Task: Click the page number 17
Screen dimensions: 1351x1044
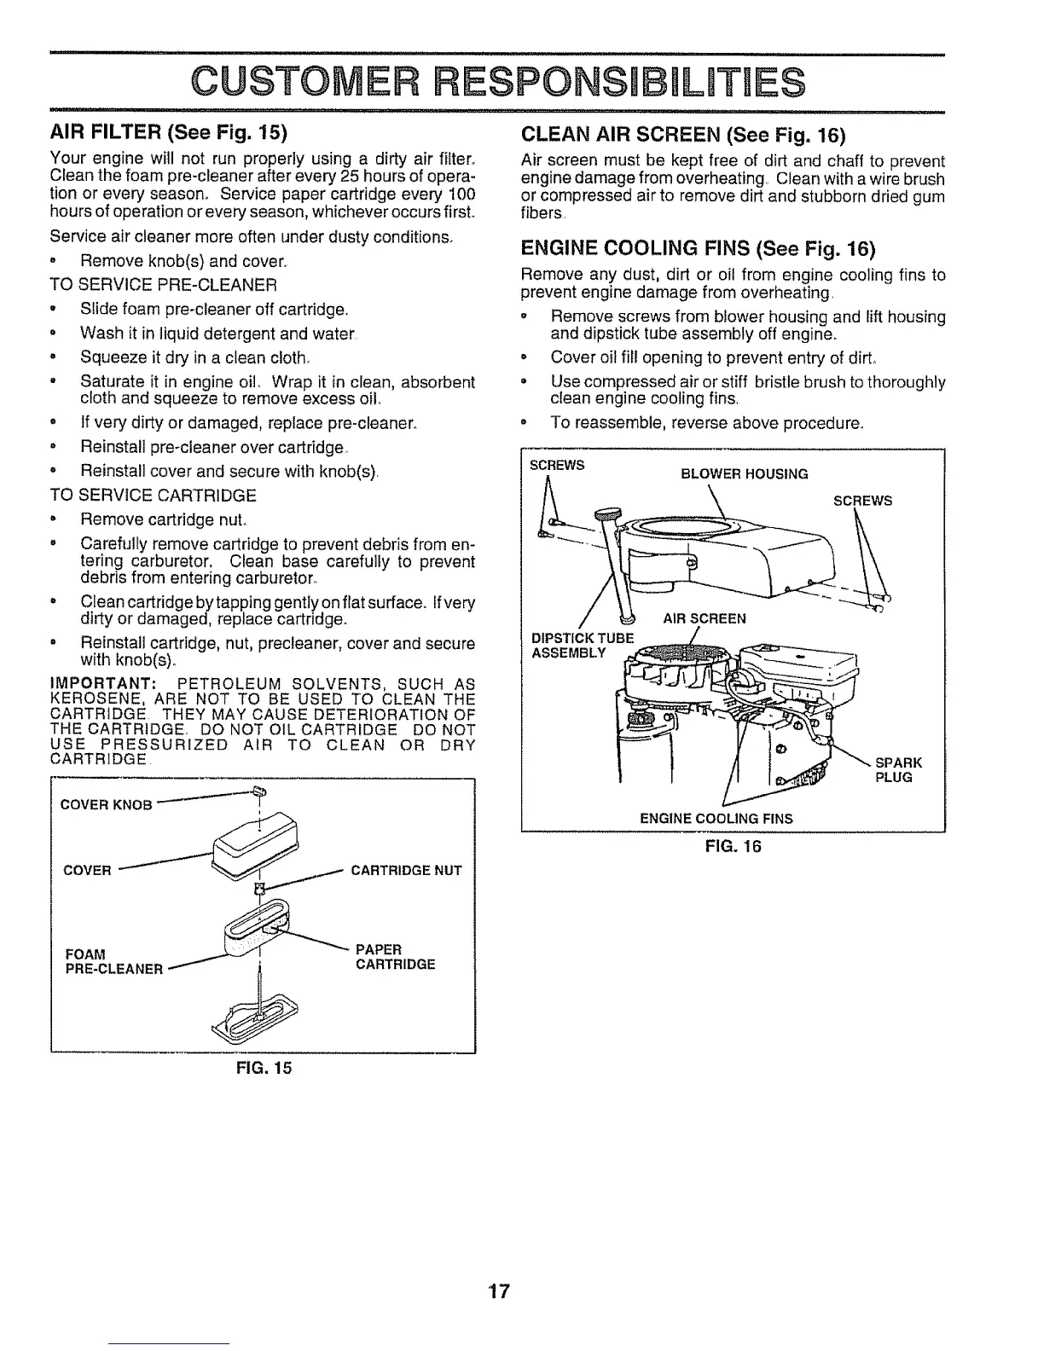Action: point(499,1290)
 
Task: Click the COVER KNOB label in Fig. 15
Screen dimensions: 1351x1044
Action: point(107,804)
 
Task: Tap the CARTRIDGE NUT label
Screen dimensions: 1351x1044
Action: point(406,870)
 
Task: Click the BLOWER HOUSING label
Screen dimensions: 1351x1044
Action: point(744,474)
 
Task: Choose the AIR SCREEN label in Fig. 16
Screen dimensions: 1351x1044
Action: point(705,618)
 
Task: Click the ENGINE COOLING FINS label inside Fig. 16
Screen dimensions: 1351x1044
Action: point(716,819)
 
